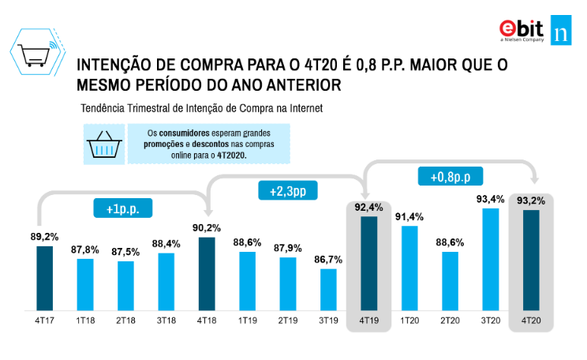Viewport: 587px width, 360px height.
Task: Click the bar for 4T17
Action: coord(44,278)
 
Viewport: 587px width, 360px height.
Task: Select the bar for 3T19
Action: coord(328,290)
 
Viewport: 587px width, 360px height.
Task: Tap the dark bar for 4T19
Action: coord(368,263)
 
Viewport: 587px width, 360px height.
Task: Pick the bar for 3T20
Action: coord(491,259)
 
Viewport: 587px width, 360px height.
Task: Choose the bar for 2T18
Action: coord(125,285)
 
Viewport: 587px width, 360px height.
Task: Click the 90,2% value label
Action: coord(206,228)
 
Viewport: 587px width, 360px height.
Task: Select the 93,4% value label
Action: coord(491,199)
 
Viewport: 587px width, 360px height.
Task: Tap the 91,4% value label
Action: coord(409,216)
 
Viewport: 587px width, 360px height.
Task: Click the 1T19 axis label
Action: coord(247,322)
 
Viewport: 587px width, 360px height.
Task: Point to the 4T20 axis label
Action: coord(531,322)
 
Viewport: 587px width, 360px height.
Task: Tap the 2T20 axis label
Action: coord(450,322)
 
